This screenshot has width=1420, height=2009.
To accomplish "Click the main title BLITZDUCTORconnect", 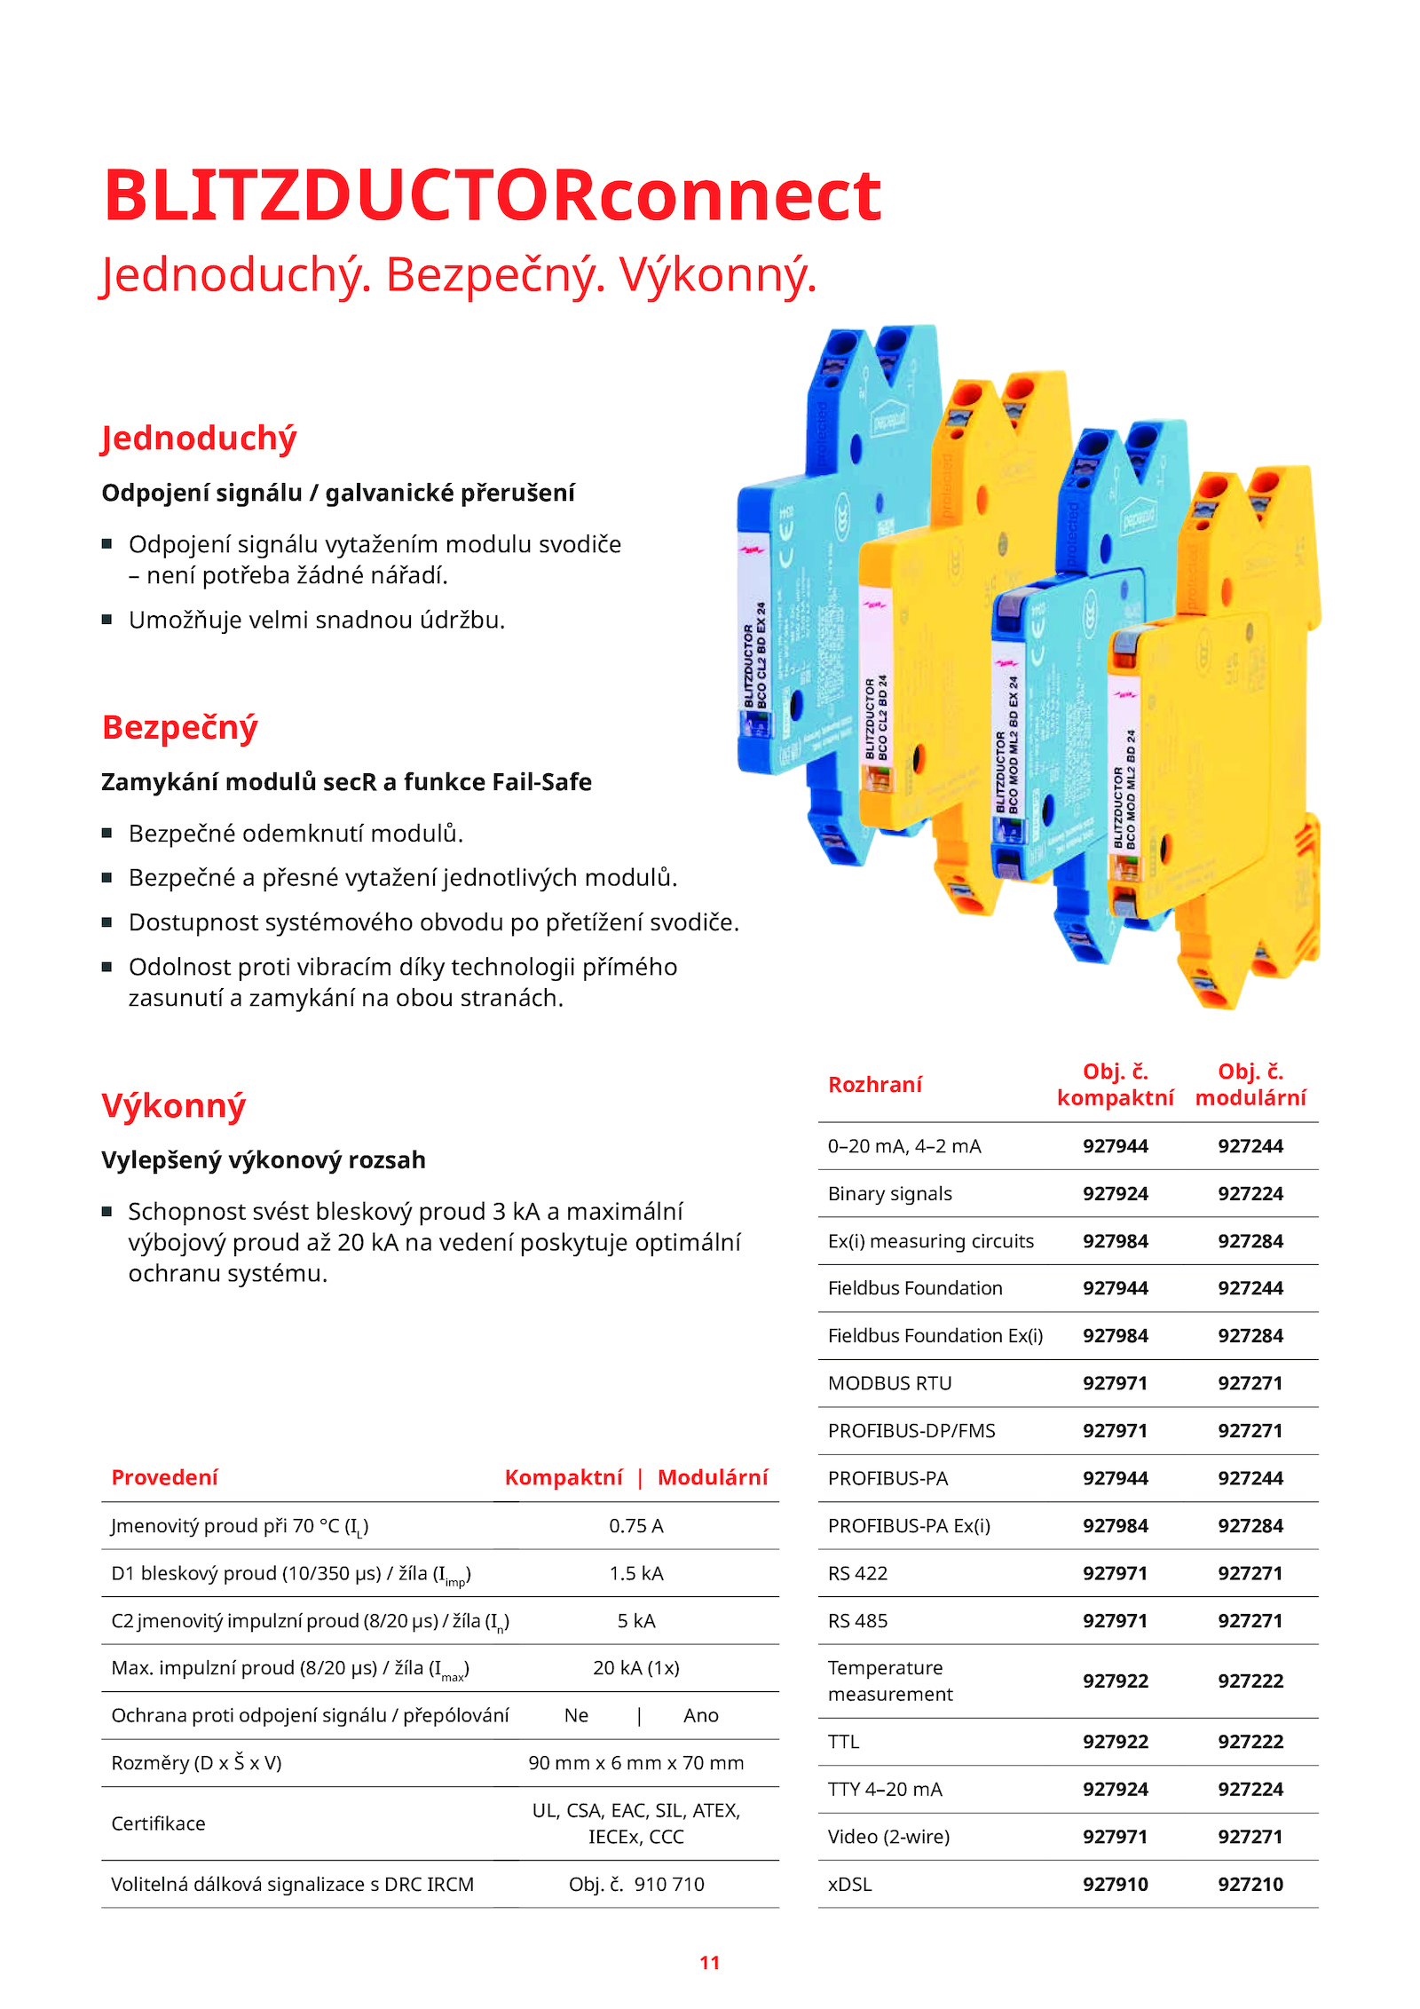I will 493,195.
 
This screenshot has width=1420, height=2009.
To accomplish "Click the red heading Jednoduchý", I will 199,439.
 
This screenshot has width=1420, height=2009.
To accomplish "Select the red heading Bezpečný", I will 179,727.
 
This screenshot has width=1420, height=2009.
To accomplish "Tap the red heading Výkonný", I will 174,1105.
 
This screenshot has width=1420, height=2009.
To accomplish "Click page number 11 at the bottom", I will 709,1963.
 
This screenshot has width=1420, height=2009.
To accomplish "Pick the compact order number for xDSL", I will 1115,1884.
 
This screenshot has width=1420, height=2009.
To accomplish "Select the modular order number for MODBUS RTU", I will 1250,1383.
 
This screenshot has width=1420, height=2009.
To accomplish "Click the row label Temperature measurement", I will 889,1681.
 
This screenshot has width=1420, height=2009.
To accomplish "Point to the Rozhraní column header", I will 874,1084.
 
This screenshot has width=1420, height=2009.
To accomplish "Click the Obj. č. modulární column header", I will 1250,1084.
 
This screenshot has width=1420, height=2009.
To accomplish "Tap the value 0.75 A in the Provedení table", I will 635,1526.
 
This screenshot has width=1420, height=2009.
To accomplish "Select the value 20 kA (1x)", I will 635,1668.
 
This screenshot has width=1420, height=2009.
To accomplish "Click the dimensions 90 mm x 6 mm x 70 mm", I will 635,1763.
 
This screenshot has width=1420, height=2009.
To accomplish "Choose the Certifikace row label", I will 158,1823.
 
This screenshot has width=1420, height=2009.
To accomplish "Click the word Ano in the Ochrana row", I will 700,1716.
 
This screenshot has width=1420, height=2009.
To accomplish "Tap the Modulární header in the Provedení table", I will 712,1477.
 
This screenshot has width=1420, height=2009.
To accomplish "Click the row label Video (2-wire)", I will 888,1837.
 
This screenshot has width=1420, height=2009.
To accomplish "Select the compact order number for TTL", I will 1115,1742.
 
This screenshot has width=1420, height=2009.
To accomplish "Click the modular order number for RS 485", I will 1250,1621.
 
